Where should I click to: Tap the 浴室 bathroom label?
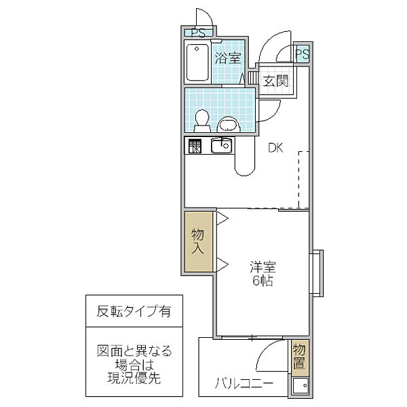point(228,58)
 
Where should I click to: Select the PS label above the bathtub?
point(197,33)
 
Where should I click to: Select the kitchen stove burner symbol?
point(195,146)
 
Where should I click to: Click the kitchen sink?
point(221,145)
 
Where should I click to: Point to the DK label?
point(275,147)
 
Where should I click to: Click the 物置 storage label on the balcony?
point(298,357)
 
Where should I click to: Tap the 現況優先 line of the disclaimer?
point(134,377)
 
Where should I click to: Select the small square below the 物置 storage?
point(298,387)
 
